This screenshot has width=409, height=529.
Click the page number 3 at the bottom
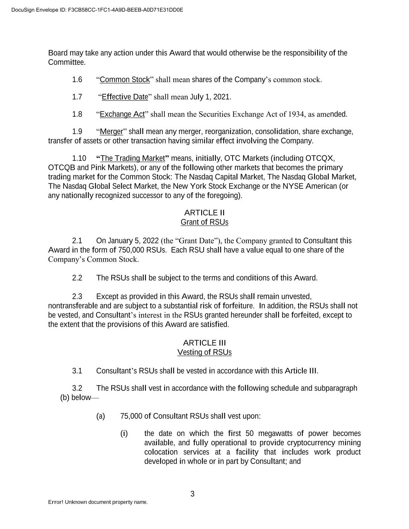tap(192, 494)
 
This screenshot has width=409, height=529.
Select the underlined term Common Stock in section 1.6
tap(124, 80)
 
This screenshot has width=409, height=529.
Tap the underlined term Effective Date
tap(125, 97)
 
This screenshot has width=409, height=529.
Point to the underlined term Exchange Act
tap(122, 114)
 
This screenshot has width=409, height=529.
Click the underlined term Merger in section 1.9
tap(111, 132)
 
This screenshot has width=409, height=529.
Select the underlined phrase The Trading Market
tap(133, 159)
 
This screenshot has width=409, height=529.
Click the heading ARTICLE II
tap(204, 213)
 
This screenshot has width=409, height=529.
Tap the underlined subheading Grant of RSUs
tap(204, 222)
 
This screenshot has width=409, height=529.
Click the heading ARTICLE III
tap(204, 343)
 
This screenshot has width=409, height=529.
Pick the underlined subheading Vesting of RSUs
tap(204, 352)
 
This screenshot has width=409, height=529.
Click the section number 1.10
tap(79, 159)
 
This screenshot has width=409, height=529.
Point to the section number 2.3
tap(77, 297)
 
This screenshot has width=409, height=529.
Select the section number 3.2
tap(77, 388)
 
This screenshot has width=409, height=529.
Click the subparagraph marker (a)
tap(100, 416)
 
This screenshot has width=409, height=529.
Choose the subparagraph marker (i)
tap(124, 433)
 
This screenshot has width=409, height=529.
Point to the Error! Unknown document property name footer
tap(98, 502)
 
